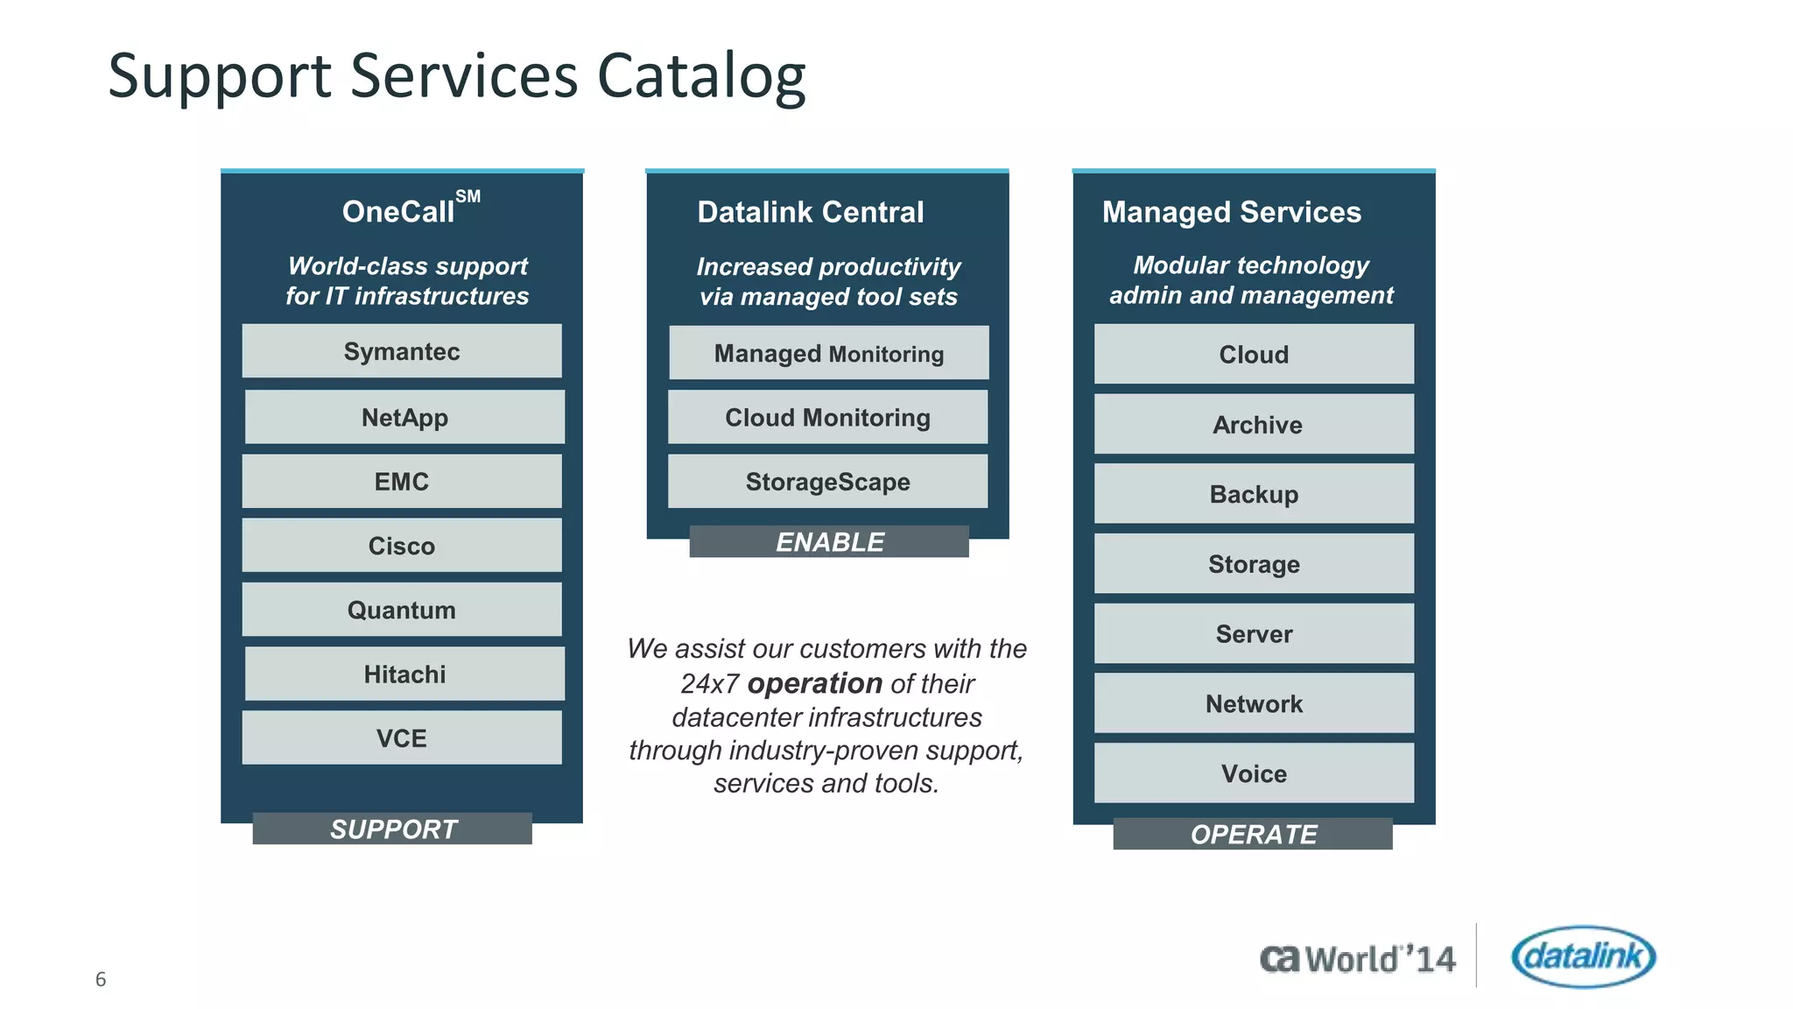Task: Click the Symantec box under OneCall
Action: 402,351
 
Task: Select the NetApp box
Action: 404,417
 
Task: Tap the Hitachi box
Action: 404,674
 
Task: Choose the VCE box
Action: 402,737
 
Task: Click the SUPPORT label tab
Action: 392,829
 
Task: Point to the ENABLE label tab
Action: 829,541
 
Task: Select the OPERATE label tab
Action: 1253,834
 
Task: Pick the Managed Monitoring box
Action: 828,353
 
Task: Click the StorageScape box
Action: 827,481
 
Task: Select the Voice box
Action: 1254,773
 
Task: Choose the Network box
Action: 1254,703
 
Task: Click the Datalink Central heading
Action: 810,212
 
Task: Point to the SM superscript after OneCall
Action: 468,196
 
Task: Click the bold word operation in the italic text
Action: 814,683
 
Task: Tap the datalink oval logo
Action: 1583,956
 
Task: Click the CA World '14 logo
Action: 1357,959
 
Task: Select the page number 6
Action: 101,979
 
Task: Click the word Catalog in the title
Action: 700,77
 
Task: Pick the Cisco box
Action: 402,545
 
